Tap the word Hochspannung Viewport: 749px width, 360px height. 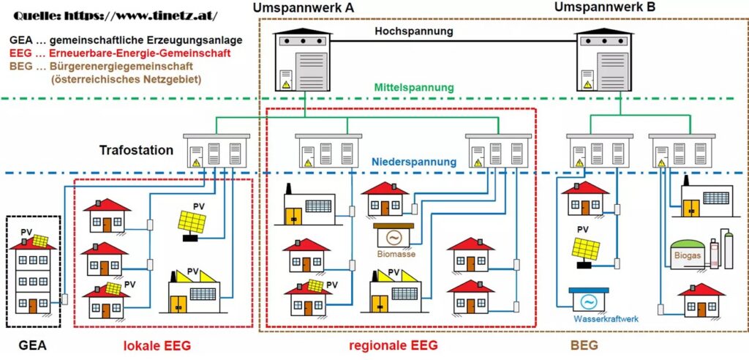tap(414, 31)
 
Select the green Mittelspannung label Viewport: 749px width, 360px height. tap(414, 88)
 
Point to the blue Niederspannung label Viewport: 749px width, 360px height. tap(415, 161)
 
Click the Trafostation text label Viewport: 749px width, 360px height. tap(136, 151)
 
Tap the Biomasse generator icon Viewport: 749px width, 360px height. tap(394, 237)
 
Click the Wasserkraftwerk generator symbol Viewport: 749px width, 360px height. tap(594, 300)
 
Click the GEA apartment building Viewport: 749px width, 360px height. tap(32, 275)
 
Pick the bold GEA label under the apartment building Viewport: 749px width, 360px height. tap(32, 345)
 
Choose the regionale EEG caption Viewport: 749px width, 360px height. tap(394, 345)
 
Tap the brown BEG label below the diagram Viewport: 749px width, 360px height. tap(584, 345)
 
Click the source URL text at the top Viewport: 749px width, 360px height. tap(115, 15)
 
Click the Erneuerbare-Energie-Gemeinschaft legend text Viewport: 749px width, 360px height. tap(130, 53)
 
